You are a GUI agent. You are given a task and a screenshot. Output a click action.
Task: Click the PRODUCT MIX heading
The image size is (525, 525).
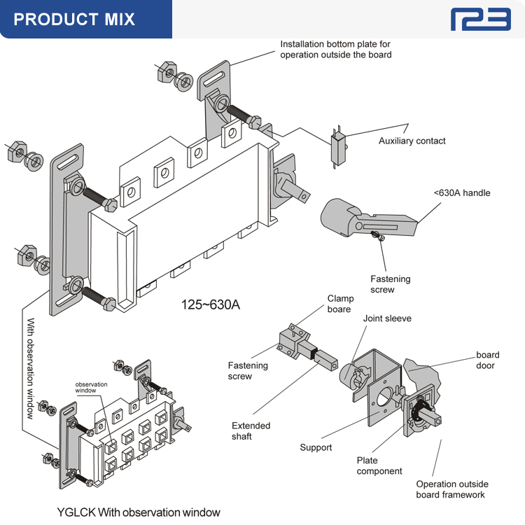pyautogui.click(x=74, y=19)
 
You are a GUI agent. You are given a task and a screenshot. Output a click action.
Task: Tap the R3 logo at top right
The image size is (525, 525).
pyautogui.click(x=480, y=20)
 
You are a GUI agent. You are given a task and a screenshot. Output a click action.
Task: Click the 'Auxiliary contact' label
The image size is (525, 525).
pyautogui.click(x=412, y=141)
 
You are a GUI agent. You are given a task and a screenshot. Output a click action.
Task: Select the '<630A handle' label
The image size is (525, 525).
pyautogui.click(x=462, y=192)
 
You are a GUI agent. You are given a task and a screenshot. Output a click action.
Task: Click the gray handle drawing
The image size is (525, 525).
pyautogui.click(x=364, y=217)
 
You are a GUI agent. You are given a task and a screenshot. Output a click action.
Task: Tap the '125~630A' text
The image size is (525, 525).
pyautogui.click(x=211, y=304)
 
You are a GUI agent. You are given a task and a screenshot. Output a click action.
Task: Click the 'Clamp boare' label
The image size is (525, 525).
pyautogui.click(x=340, y=304)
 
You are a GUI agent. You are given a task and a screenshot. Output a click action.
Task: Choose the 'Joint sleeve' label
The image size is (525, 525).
pyautogui.click(x=387, y=318)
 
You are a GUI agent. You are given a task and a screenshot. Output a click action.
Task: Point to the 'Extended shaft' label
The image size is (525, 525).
pyautogui.click(x=251, y=430)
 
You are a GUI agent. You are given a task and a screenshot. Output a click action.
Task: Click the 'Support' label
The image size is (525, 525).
pyautogui.click(x=316, y=447)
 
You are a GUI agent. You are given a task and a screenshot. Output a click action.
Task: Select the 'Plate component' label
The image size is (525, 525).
pyautogui.click(x=379, y=465)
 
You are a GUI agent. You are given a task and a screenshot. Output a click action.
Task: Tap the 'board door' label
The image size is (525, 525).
pyautogui.click(x=486, y=360)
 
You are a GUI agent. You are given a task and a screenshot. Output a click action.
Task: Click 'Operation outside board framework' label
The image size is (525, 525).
pyautogui.click(x=452, y=489)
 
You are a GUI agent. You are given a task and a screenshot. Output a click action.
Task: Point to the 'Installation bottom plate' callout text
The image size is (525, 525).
pyautogui.click(x=336, y=49)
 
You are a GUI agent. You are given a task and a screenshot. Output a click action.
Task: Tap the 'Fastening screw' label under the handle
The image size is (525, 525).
pyautogui.click(x=391, y=284)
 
